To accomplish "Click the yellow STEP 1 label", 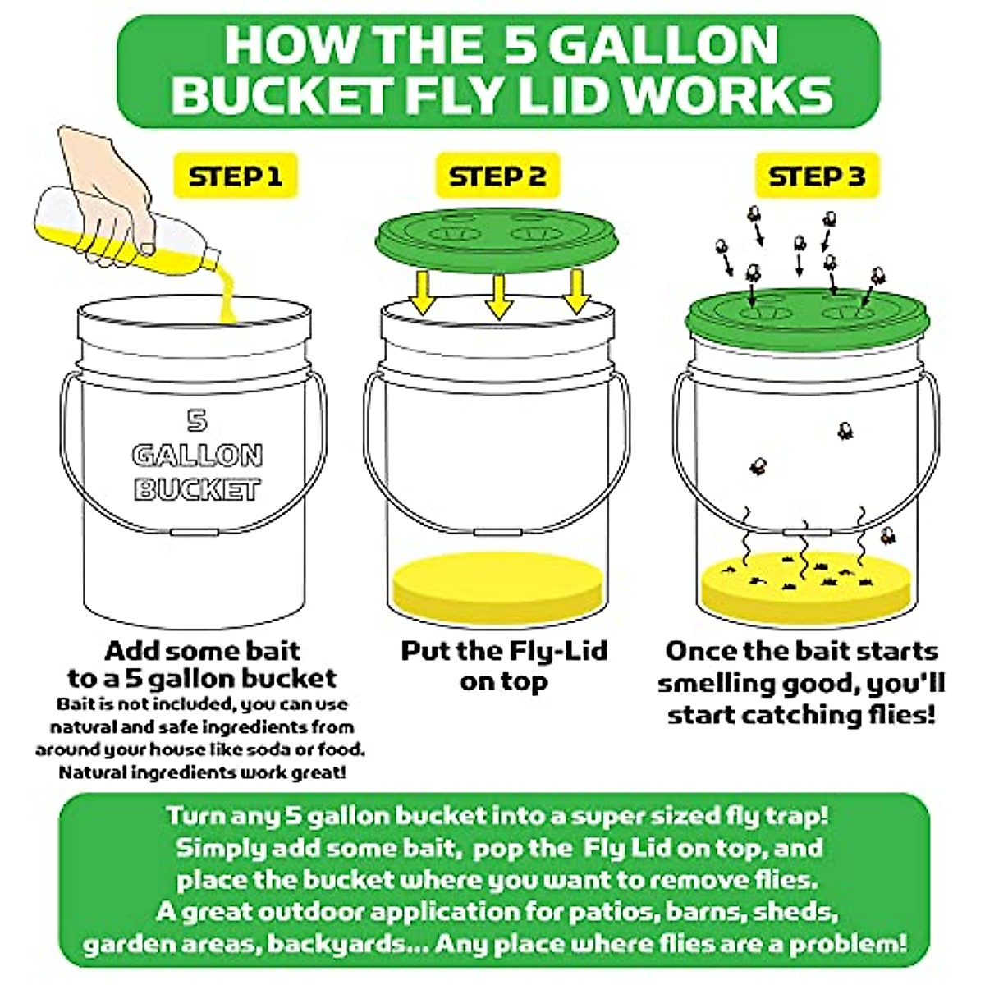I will (x=235, y=176).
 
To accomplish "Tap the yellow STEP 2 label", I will (x=497, y=176).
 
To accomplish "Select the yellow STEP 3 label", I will (x=816, y=176).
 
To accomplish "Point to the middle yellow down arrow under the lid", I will (x=499, y=295).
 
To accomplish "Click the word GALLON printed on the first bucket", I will (x=197, y=456).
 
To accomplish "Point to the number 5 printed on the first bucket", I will (x=196, y=420).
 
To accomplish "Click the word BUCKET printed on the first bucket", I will (x=197, y=490).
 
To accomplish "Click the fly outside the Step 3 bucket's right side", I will (x=887, y=538).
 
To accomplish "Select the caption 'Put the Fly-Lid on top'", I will (x=503, y=666).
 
